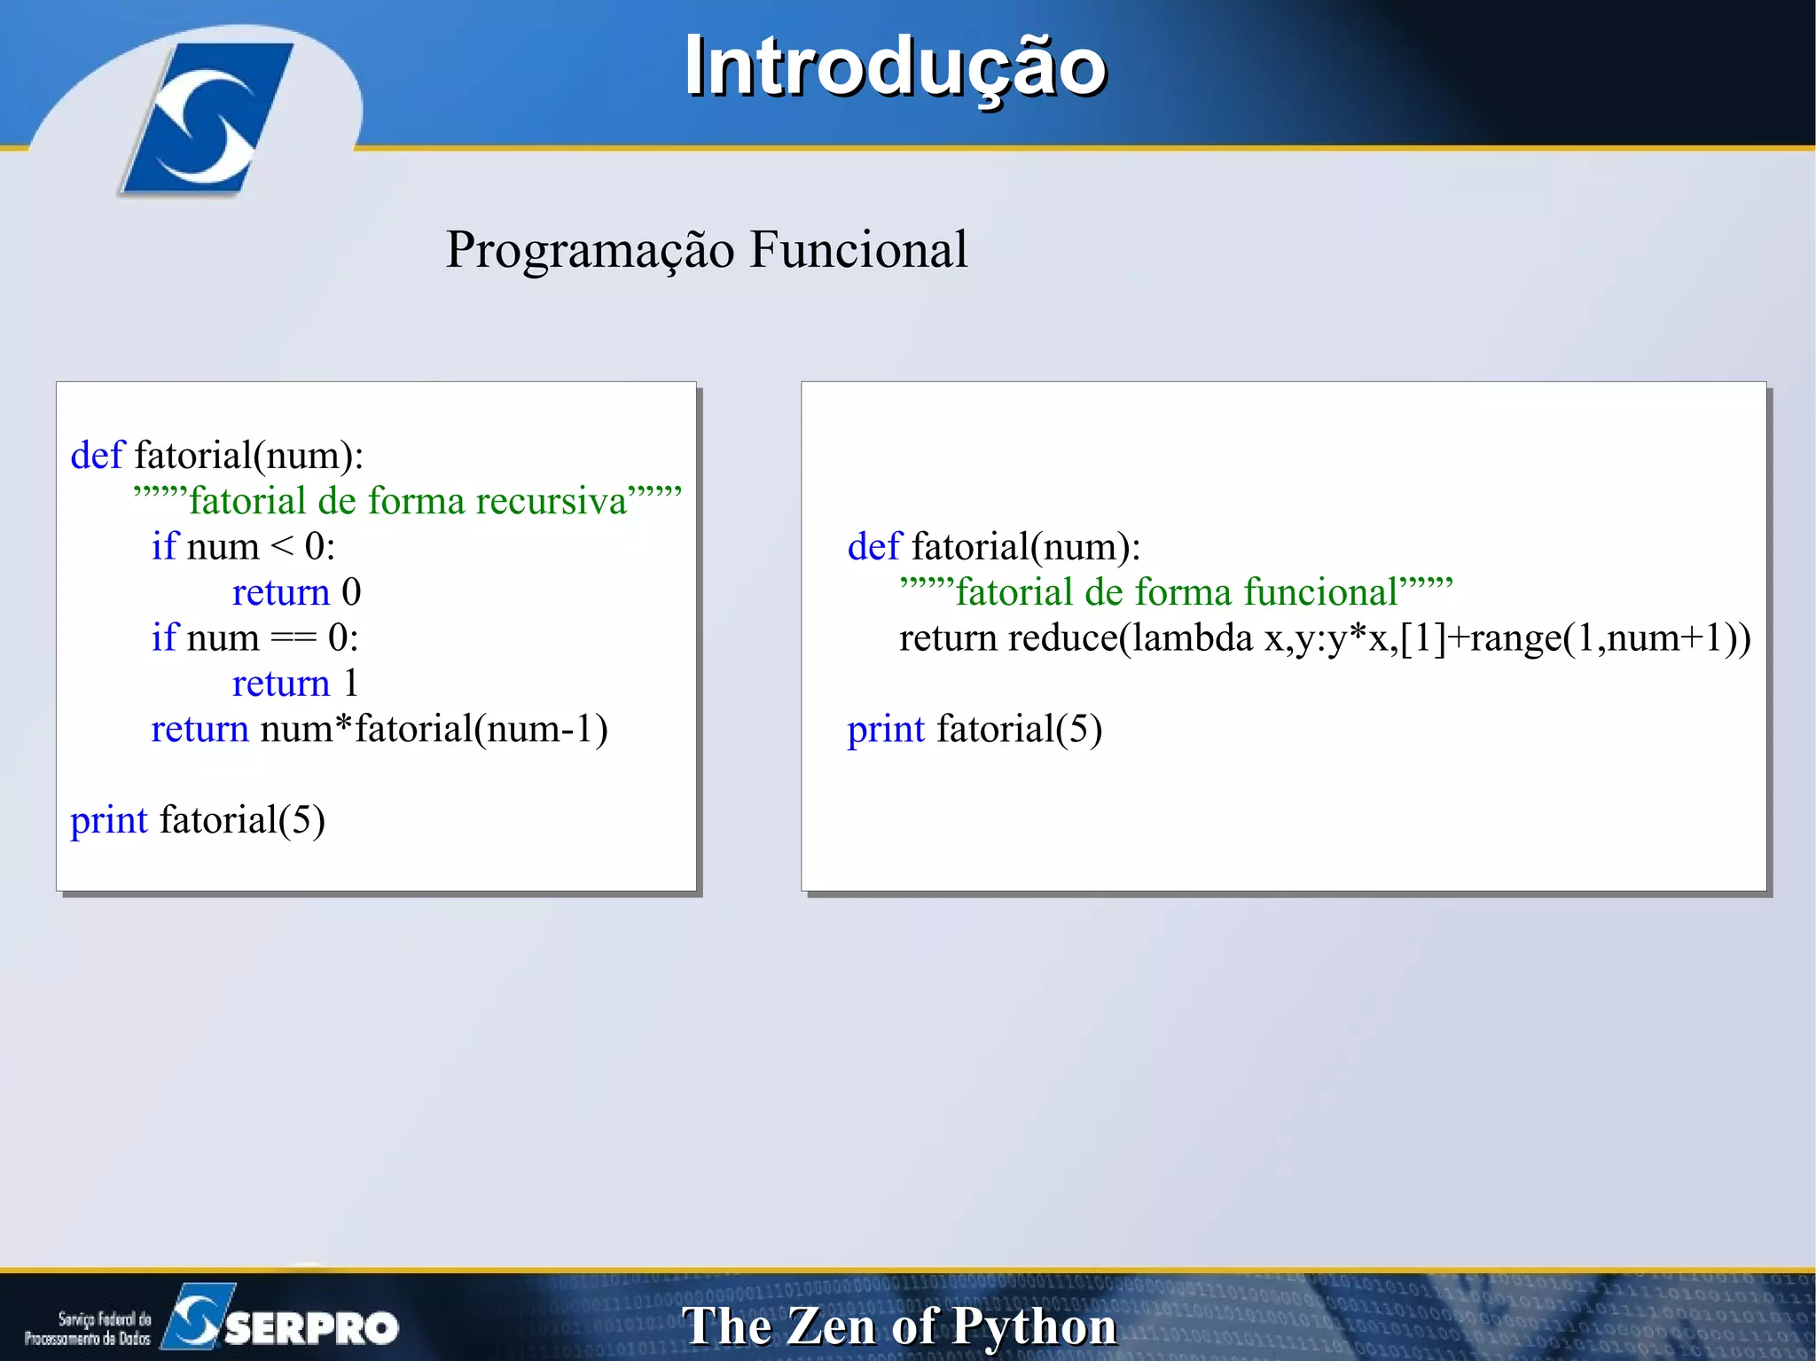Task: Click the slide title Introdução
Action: [895, 67]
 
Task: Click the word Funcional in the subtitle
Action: [858, 250]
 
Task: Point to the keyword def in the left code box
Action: [97, 456]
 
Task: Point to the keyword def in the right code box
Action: [873, 547]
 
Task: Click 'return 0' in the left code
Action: [296, 592]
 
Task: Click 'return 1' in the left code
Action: [295, 684]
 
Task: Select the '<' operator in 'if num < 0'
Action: [281, 547]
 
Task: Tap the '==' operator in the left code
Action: [294, 638]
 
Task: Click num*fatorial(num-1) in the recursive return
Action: [434, 730]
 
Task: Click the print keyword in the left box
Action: [108, 820]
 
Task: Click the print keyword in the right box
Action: [885, 730]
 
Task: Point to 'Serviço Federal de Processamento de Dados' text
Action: [88, 1328]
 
